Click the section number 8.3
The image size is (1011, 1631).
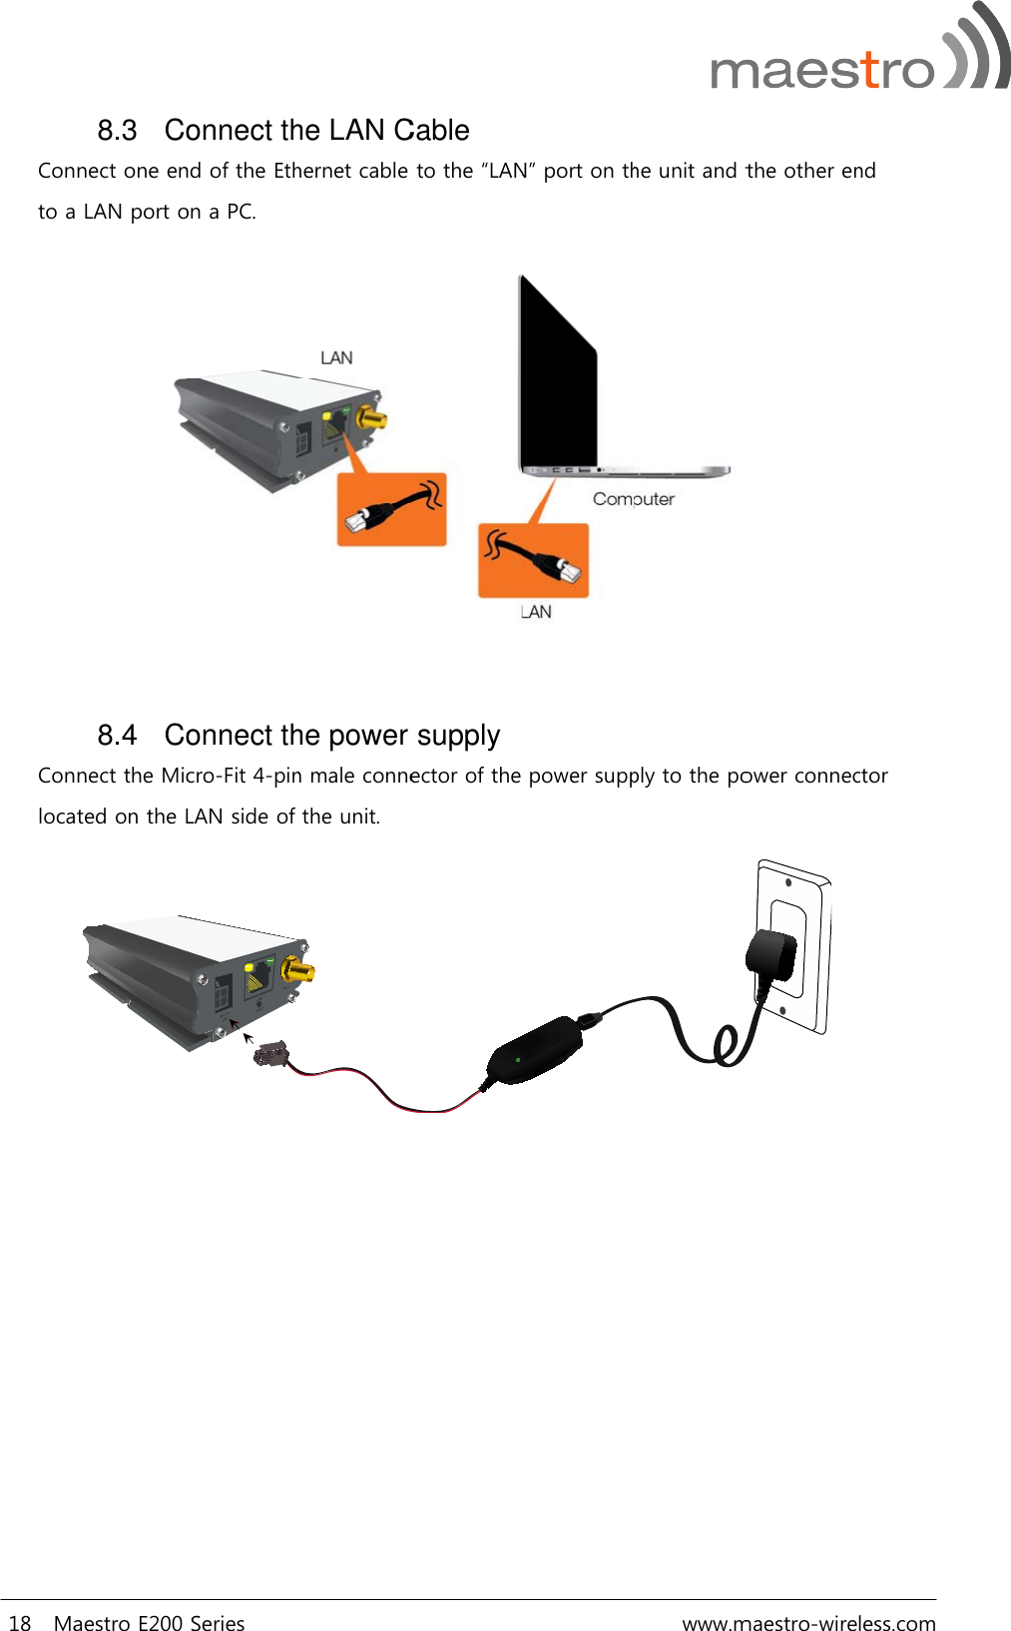point(117,131)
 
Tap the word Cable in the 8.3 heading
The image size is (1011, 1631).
point(431,131)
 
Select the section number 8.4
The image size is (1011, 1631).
point(117,736)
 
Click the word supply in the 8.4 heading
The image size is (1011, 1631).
point(458,737)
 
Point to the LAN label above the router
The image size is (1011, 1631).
point(336,358)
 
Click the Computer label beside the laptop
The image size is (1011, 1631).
point(634,499)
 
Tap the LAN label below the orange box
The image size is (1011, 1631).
point(536,612)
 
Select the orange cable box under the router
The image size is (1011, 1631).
point(391,510)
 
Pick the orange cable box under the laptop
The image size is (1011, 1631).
point(533,561)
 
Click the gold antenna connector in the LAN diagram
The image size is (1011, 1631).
point(374,417)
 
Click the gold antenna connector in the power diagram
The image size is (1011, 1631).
point(298,969)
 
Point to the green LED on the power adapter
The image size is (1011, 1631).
point(518,1059)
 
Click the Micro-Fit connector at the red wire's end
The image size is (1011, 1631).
point(270,1052)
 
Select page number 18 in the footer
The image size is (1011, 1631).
point(20,1624)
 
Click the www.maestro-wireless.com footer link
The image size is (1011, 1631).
point(808,1624)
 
